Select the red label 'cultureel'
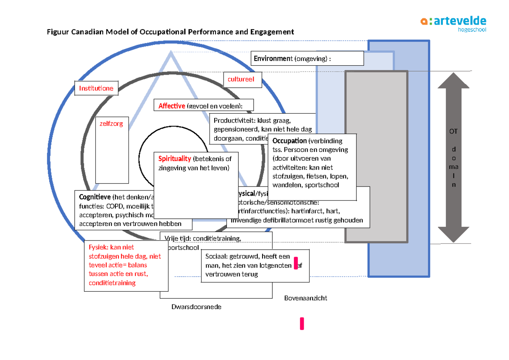click(241, 79)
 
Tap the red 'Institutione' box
click(96, 88)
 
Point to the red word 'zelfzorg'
click(111, 124)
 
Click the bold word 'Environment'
click(271, 59)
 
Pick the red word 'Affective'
click(172, 106)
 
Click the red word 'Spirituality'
click(175, 159)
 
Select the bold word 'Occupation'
click(289, 141)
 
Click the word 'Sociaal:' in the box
click(216, 257)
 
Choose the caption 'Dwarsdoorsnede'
click(196, 307)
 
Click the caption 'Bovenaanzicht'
click(305, 298)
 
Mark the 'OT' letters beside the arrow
click(453, 132)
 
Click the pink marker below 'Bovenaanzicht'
click(302, 323)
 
